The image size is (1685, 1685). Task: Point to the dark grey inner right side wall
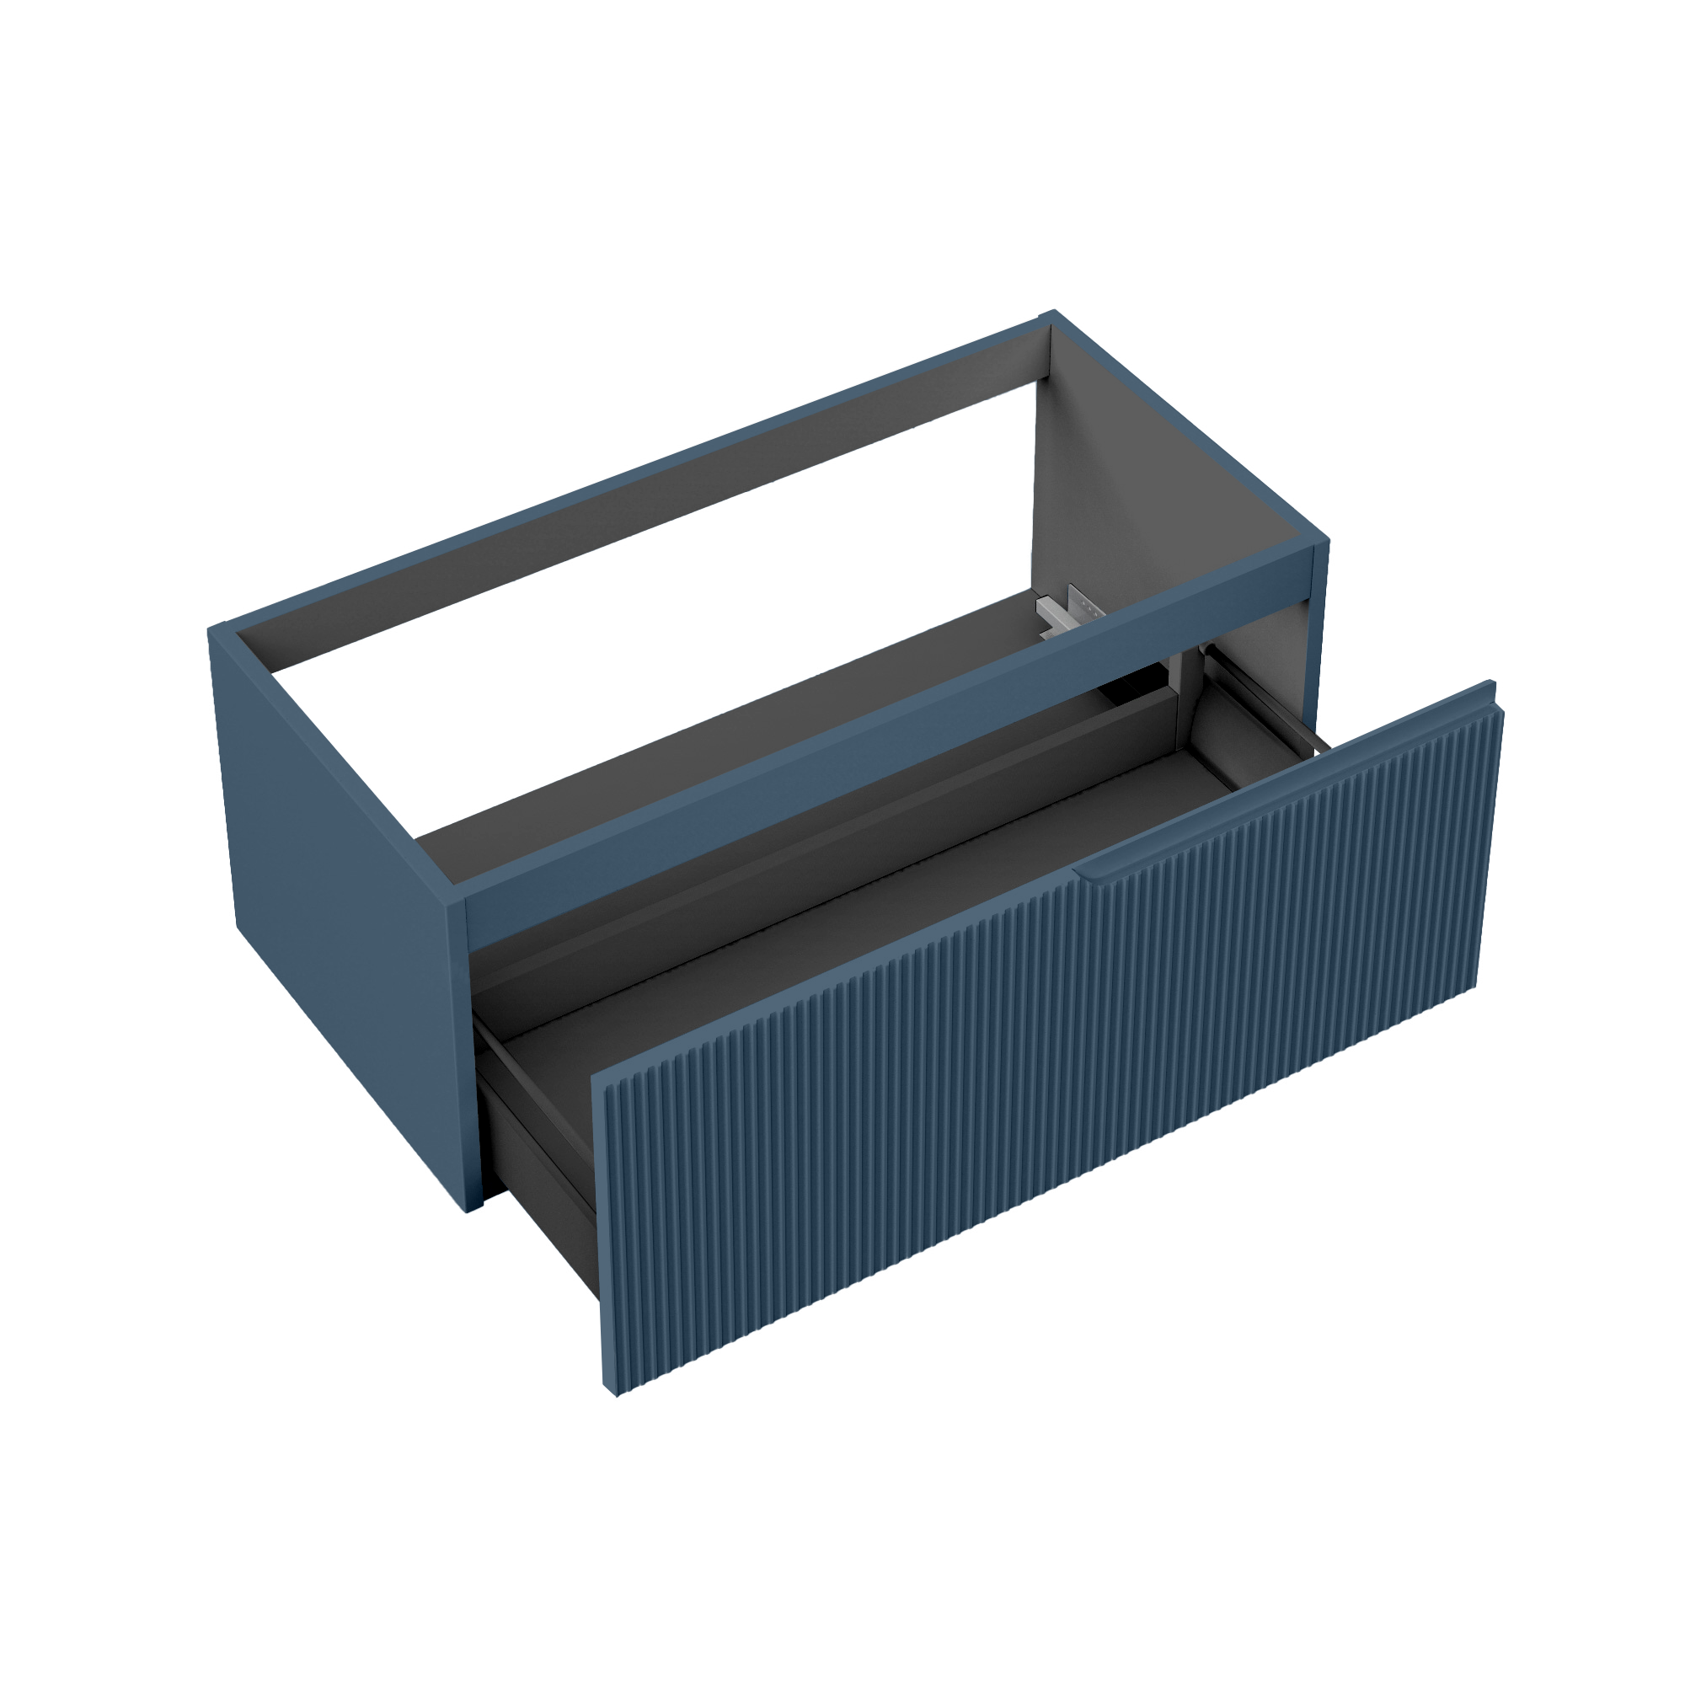click(1134, 489)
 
